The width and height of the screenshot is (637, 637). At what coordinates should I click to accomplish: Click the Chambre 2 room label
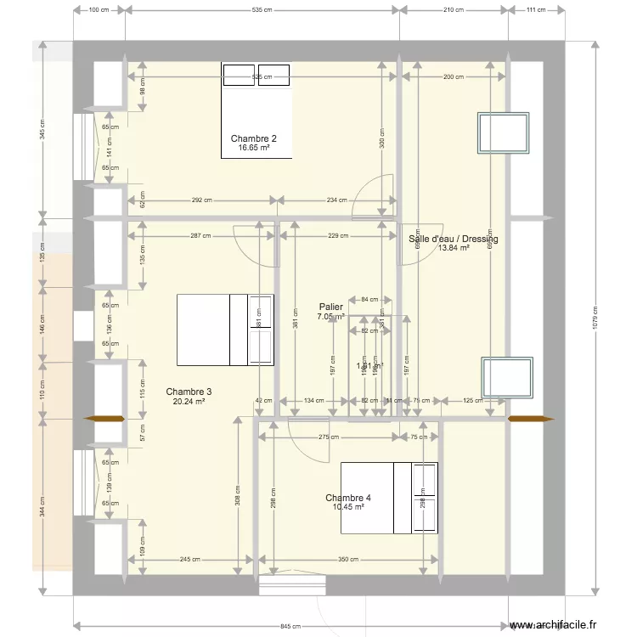pyautogui.click(x=253, y=138)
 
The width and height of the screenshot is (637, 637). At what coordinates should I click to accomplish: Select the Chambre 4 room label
pyautogui.click(x=347, y=498)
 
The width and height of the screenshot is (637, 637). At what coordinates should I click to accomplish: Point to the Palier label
pyautogui.click(x=330, y=306)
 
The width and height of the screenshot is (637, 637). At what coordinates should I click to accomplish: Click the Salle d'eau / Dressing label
pyautogui.click(x=453, y=239)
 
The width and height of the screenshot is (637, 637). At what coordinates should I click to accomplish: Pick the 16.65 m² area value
pyautogui.click(x=253, y=148)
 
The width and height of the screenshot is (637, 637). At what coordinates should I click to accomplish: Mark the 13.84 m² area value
pyautogui.click(x=453, y=249)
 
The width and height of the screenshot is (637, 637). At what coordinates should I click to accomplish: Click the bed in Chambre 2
pyautogui.click(x=256, y=110)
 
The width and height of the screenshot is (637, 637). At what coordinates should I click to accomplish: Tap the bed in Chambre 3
pyautogui.click(x=225, y=330)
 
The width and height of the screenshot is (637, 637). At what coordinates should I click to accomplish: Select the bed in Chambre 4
pyautogui.click(x=389, y=498)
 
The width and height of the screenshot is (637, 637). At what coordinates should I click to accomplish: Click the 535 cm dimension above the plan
pyautogui.click(x=262, y=10)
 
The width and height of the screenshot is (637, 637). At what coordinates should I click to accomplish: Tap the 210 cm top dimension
pyautogui.click(x=454, y=10)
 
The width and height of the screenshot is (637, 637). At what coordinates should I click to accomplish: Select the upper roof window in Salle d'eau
pyautogui.click(x=505, y=132)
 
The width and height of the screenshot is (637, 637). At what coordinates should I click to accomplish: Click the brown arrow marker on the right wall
pyautogui.click(x=530, y=419)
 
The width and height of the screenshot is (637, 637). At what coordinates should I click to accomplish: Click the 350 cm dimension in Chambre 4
pyautogui.click(x=349, y=560)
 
